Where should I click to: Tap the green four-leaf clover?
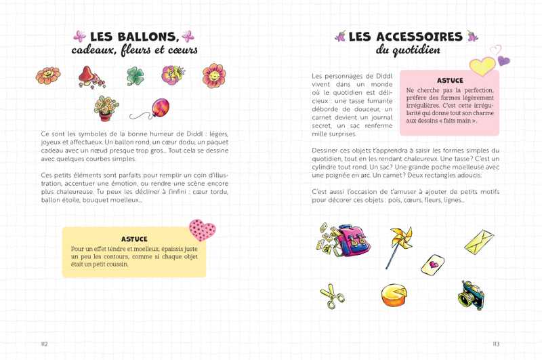pyautogui.click(x=135, y=76)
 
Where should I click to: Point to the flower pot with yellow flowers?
pyautogui.click(x=106, y=107)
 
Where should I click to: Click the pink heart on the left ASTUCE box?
pyautogui.click(x=201, y=231)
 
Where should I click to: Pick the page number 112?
pyautogui.click(x=45, y=344)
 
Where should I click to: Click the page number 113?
pyautogui.click(x=496, y=344)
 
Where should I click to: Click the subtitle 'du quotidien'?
pyautogui.click(x=408, y=51)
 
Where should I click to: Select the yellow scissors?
pyautogui.click(x=332, y=296)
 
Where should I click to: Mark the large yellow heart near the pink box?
pyautogui.click(x=482, y=66)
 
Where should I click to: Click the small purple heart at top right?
pyautogui.click(x=503, y=60)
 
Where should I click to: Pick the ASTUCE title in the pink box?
pyautogui.click(x=451, y=80)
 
